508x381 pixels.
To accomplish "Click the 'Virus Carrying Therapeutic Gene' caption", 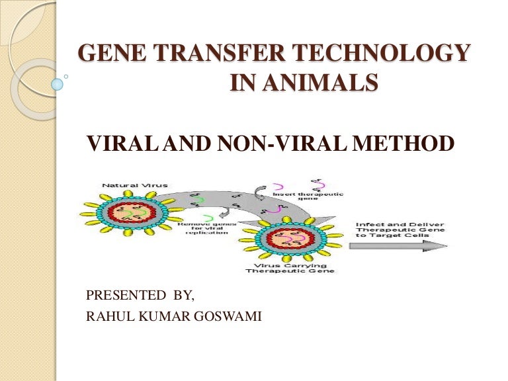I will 290,269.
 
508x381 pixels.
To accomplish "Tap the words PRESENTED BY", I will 140,295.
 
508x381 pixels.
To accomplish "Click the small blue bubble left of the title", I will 58,85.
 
